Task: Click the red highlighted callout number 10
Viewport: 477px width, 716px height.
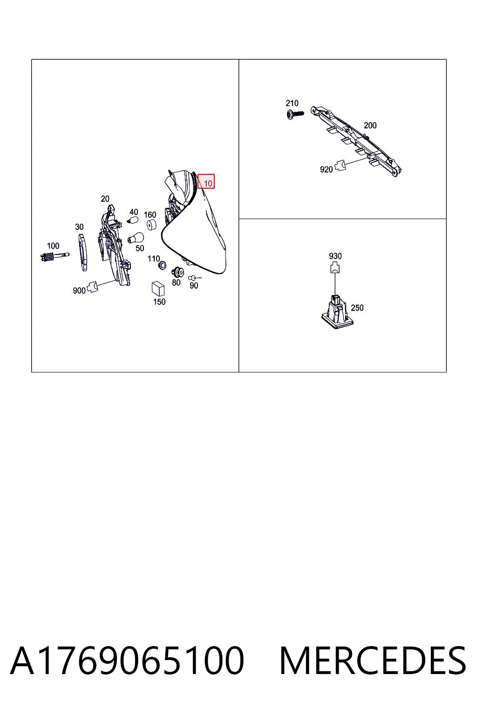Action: click(x=206, y=181)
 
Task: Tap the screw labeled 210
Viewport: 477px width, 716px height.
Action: click(x=295, y=114)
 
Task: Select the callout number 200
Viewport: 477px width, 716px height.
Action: click(x=370, y=125)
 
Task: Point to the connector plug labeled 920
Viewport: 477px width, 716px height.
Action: click(x=340, y=165)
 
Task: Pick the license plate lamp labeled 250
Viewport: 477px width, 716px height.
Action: click(x=337, y=312)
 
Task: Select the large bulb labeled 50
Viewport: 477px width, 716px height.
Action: click(x=136, y=238)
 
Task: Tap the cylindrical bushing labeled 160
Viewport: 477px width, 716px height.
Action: click(x=151, y=224)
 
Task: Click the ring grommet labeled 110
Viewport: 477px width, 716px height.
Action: click(x=163, y=265)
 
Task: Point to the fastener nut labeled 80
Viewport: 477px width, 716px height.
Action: click(x=177, y=272)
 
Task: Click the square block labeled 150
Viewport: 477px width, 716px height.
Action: click(x=158, y=289)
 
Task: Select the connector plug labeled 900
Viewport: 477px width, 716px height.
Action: click(x=92, y=286)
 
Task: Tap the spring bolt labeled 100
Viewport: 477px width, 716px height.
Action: click(x=55, y=256)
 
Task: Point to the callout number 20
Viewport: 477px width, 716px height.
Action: click(x=105, y=199)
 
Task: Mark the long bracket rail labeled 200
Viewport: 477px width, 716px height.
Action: click(x=356, y=141)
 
